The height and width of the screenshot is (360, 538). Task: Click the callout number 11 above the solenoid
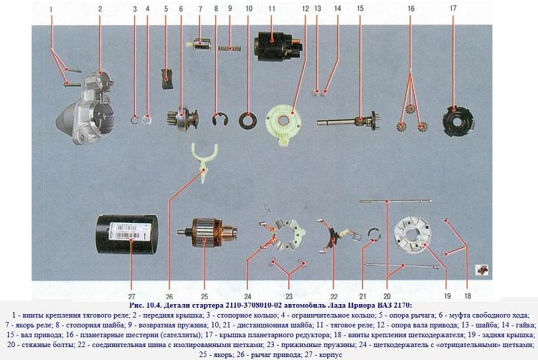(x=272, y=9)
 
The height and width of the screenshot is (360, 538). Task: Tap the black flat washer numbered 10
(x=249, y=117)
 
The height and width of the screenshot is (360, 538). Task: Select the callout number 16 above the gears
(x=410, y=9)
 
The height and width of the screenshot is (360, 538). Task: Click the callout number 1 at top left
(x=52, y=9)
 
